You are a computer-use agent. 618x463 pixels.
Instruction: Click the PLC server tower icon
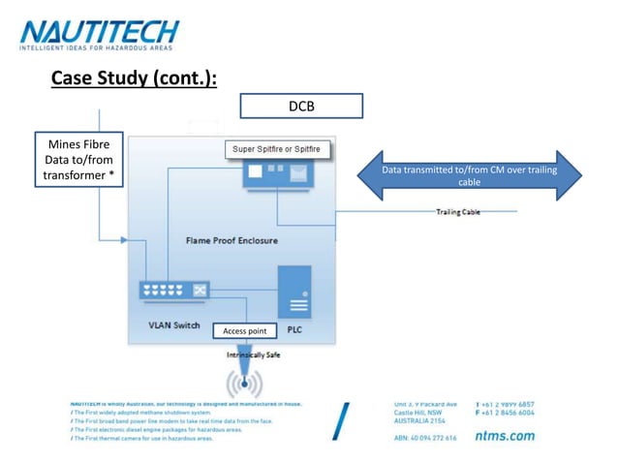[294, 292]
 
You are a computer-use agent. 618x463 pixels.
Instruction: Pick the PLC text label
[295, 328]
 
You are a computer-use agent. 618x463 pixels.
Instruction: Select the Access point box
[244, 331]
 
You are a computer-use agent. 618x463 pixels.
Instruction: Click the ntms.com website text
[505, 436]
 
